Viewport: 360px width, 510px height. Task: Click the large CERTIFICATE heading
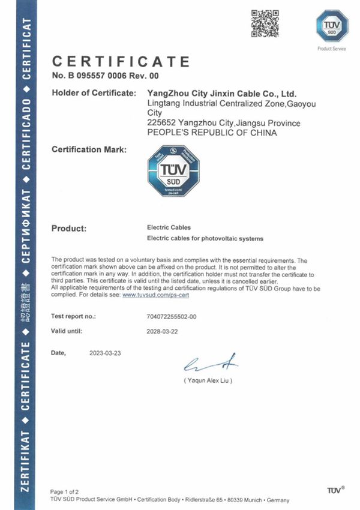[121, 61]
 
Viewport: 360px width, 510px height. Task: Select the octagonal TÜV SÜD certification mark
[173, 171]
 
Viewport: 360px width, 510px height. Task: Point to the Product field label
[70, 229]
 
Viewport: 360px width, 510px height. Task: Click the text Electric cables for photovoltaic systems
[205, 239]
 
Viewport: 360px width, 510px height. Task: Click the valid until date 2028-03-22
[163, 331]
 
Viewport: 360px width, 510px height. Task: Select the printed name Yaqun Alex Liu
[208, 380]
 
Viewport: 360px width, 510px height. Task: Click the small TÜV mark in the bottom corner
[335, 490]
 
